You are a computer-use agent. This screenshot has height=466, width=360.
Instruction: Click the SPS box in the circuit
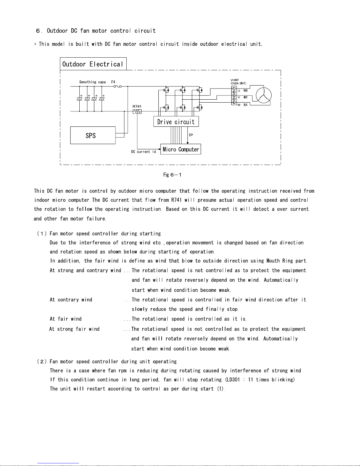[x=93, y=135]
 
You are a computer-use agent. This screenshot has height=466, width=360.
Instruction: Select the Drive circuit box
[x=176, y=122]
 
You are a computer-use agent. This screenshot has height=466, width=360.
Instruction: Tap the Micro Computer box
[x=180, y=149]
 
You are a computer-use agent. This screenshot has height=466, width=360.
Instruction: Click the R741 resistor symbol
[x=137, y=111]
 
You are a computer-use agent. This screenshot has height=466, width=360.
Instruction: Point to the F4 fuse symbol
[x=118, y=86]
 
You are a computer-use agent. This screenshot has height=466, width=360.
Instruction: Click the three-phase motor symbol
[x=264, y=96]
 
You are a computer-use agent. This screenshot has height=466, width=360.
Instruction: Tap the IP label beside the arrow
[x=191, y=135]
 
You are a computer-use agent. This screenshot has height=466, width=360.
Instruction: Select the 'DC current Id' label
[x=143, y=152]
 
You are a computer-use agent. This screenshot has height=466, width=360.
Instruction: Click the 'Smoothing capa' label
[x=92, y=82]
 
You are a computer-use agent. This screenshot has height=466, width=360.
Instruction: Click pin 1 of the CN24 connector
[x=234, y=88]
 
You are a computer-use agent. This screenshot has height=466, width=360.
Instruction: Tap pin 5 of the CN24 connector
[x=234, y=102]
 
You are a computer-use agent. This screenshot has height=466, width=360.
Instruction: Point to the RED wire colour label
[x=245, y=91]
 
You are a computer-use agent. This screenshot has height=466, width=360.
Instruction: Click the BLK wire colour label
[x=245, y=105]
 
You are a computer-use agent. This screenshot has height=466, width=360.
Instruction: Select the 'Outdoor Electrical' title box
[x=93, y=64]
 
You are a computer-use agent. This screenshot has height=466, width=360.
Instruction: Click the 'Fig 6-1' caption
[x=172, y=175]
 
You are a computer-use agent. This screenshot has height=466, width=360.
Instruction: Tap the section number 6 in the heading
[x=38, y=31]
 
